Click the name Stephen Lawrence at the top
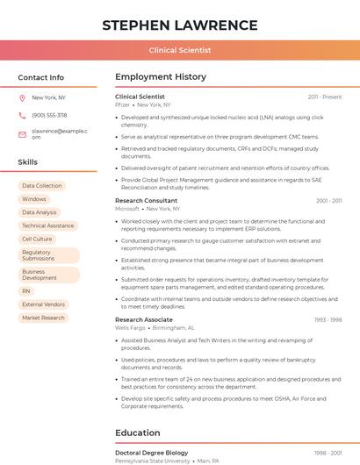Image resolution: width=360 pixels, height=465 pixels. pyautogui.click(x=179, y=25)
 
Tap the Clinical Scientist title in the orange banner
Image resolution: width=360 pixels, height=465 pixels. pyautogui.click(x=179, y=51)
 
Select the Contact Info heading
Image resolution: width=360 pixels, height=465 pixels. pyautogui.click(x=41, y=77)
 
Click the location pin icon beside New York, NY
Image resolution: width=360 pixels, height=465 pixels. pyautogui.click(x=22, y=98)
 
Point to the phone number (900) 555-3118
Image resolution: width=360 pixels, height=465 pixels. pyautogui.click(x=49, y=115)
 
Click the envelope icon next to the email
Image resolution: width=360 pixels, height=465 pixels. pyautogui.click(x=22, y=134)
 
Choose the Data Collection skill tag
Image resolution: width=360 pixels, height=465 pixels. pyautogui.click(x=42, y=186)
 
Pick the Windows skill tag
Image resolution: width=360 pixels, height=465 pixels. pyautogui.click(x=34, y=199)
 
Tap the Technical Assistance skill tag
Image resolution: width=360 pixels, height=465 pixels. pyautogui.click(x=48, y=225)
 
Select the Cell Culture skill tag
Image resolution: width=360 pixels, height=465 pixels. pyautogui.click(x=37, y=239)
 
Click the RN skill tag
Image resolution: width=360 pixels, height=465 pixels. pyautogui.click(x=26, y=291)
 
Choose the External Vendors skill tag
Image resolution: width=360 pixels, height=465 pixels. pyautogui.click(x=44, y=304)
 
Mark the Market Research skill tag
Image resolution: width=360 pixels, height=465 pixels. pyautogui.click(x=44, y=318)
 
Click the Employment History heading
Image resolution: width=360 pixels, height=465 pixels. pyautogui.click(x=161, y=77)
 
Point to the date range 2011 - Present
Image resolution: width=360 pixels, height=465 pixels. pyautogui.click(x=324, y=97)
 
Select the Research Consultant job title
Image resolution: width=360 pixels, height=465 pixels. pyautogui.click(x=146, y=201)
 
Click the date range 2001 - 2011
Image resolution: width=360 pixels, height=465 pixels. pyautogui.click(x=328, y=201)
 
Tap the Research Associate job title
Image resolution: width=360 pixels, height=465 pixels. pyautogui.click(x=144, y=320)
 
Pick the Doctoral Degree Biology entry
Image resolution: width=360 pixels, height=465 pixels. pyautogui.click(x=152, y=453)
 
